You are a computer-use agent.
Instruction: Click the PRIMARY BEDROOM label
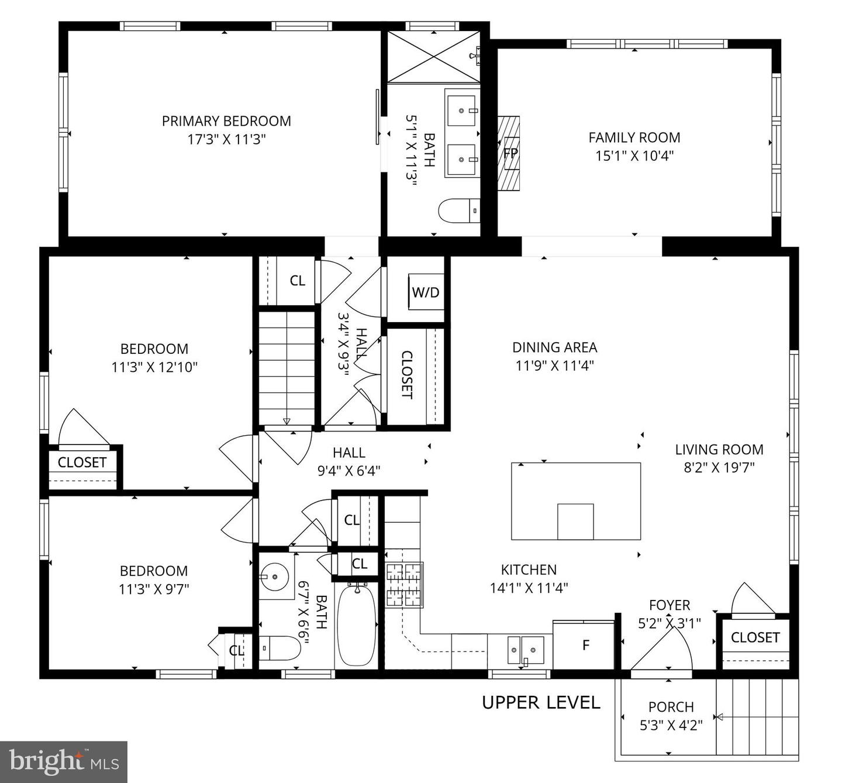click(226, 121)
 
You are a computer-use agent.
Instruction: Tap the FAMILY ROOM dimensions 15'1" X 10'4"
click(634, 156)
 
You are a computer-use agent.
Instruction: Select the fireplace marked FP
click(509, 153)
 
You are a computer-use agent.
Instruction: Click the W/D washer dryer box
click(426, 292)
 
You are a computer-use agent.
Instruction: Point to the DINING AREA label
click(554, 347)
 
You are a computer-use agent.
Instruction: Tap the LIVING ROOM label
click(719, 449)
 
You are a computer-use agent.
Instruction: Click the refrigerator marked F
click(585, 645)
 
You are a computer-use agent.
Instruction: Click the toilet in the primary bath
click(459, 211)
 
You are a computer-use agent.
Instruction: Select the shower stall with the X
click(433, 57)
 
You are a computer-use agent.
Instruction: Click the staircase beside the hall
click(287, 368)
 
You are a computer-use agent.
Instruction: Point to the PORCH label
click(671, 706)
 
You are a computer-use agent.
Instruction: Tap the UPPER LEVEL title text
click(541, 702)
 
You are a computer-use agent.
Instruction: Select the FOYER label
click(670, 605)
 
